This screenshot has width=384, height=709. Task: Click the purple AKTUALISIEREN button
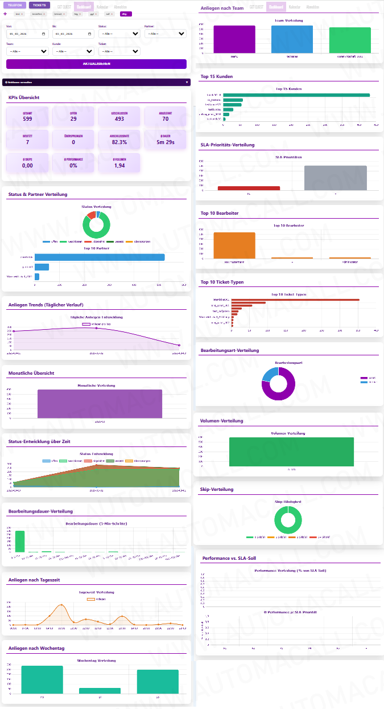(96, 64)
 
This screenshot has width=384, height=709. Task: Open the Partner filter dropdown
(165, 34)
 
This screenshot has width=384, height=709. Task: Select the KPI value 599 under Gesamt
(27, 119)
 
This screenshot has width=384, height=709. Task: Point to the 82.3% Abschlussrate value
(119, 142)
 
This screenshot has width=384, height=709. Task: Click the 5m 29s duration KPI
(165, 142)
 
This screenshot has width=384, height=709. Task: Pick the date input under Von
(26, 34)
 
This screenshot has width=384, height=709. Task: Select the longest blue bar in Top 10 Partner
(100, 257)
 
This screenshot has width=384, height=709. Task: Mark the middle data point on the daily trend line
(96, 328)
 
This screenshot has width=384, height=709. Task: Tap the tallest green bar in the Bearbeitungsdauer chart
(20, 541)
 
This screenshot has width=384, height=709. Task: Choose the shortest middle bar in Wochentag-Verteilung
(100, 690)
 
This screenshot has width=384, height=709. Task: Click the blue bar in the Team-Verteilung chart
(292, 39)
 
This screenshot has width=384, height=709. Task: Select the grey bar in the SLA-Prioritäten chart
(335, 178)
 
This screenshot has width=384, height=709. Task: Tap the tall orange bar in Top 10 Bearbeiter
(234, 245)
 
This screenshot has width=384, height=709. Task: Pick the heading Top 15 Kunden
(217, 76)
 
